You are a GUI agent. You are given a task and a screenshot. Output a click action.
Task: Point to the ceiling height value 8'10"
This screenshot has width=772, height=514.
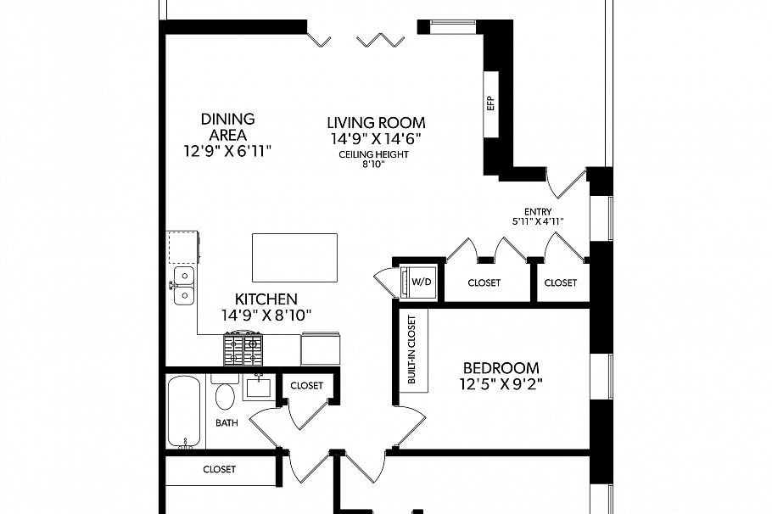point(374,164)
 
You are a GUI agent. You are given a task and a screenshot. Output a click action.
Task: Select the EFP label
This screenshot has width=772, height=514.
point(490,103)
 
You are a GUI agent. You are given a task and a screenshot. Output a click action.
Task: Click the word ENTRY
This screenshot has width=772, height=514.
point(539,212)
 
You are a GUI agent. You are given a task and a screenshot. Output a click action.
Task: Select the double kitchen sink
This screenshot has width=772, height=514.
point(183,286)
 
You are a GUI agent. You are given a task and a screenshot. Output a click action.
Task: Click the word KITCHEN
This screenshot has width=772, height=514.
point(266,299)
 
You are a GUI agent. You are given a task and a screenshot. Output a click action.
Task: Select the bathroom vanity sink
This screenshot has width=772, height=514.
point(258,388)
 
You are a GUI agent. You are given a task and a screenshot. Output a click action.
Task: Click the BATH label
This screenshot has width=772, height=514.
point(227,422)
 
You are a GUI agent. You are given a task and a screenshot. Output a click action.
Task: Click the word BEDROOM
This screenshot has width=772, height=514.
point(501,368)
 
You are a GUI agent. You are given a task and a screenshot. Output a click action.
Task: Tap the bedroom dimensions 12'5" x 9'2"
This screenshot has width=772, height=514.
point(501,383)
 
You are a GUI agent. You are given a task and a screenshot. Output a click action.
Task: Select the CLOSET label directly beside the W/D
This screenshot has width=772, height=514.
point(483,282)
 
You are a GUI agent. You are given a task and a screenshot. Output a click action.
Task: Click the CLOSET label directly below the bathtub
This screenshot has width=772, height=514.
point(219,469)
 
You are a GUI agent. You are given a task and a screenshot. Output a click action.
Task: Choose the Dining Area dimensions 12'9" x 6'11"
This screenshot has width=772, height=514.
point(228,151)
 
